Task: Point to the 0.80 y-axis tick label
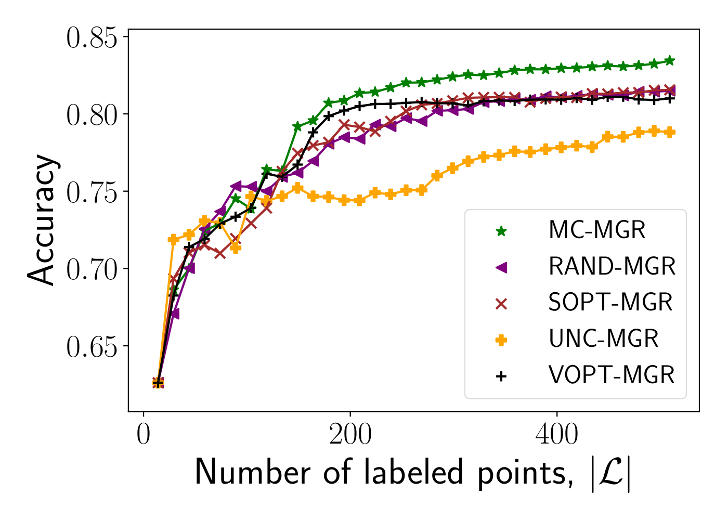click(x=92, y=115)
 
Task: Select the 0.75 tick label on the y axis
click(x=92, y=193)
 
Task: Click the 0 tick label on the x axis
click(x=144, y=435)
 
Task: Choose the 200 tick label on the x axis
click(x=350, y=435)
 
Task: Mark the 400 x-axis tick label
click(x=556, y=435)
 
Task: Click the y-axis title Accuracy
click(x=42, y=219)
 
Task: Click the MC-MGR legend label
click(x=596, y=230)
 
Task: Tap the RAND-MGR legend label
click(x=612, y=267)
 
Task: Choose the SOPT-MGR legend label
click(x=610, y=303)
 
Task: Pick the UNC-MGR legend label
click(x=603, y=339)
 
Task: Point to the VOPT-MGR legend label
click(x=612, y=375)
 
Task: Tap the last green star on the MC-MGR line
click(x=670, y=61)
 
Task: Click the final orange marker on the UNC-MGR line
click(x=670, y=132)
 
